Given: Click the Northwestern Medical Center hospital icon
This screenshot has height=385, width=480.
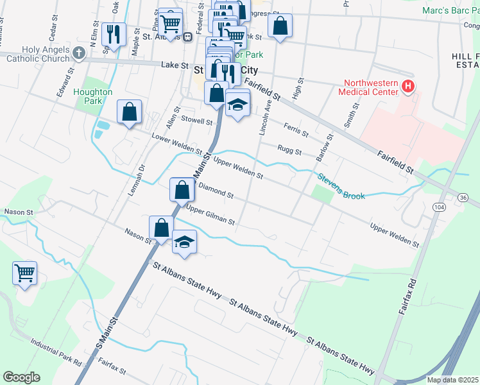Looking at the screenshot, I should pos(407,85).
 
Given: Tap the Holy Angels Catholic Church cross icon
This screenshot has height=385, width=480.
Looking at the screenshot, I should pos(79,53).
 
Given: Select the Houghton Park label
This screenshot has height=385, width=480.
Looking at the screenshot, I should pos(93,96).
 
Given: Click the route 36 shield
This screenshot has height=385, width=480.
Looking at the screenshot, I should pos(463,198).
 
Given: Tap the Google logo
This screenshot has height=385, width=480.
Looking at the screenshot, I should pos(21,377).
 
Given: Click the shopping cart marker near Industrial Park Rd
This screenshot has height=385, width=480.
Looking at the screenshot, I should pos(25,273).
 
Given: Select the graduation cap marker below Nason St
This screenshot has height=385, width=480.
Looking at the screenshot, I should pos(185,242).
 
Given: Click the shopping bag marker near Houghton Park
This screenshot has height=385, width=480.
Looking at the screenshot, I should pos(130,112).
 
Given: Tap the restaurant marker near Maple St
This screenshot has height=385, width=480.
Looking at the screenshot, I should pos(114,34).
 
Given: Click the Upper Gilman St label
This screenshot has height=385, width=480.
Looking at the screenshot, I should pos(210,215).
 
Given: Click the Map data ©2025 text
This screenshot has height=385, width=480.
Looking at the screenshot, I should pos(452,380).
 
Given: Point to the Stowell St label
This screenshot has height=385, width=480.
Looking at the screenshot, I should pos(196,120).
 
